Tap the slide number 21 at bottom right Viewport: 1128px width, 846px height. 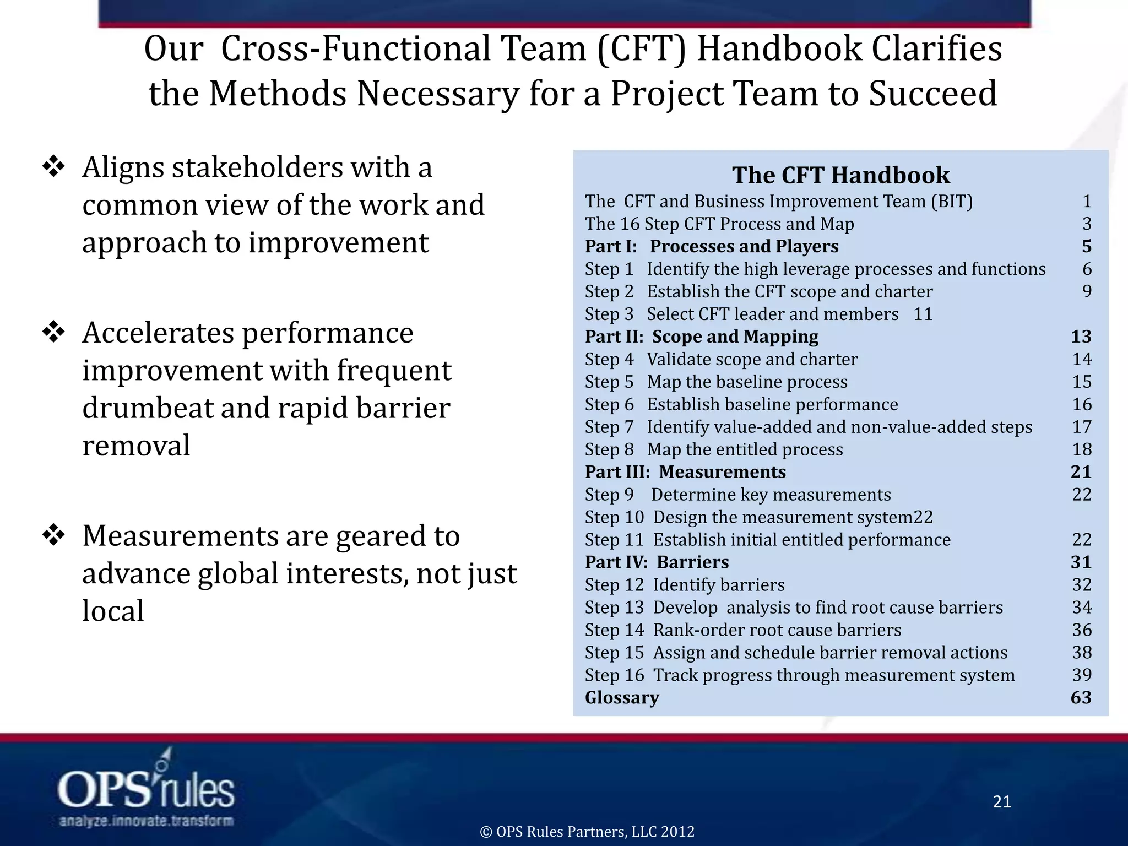tap(1002, 802)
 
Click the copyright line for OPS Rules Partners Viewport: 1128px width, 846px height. tap(587, 832)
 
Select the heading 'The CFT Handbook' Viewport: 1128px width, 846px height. tap(840, 175)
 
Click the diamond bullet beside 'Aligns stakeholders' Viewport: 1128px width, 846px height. tap(54, 167)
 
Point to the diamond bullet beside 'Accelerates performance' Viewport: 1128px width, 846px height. tap(54, 333)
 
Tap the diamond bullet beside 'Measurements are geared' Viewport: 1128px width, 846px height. tap(54, 536)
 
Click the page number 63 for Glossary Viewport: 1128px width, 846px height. tap(1081, 698)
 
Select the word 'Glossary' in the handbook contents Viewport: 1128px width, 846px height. tap(622, 698)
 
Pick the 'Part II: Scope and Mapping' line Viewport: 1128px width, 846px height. tap(702, 337)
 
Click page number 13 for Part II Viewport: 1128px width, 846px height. tap(1081, 337)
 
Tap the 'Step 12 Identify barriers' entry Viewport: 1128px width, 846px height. tap(685, 585)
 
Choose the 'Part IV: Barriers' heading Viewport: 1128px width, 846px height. tap(657, 562)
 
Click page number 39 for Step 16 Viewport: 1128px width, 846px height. tap(1082, 675)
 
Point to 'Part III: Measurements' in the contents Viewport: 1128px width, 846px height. tap(685, 472)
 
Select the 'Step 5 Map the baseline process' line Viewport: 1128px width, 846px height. tap(716, 382)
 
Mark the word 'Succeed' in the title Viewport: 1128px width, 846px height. tap(933, 94)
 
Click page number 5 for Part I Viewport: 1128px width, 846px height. tap(1086, 246)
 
